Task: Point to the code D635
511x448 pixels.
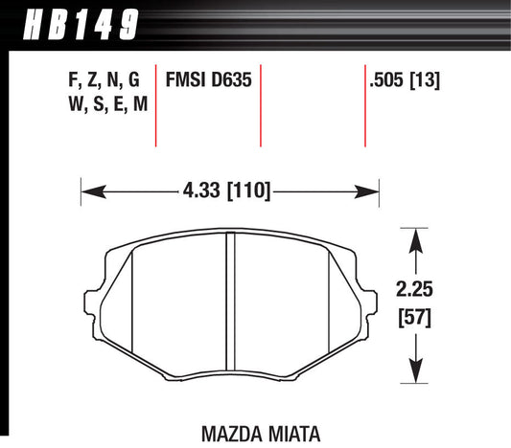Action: point(233,80)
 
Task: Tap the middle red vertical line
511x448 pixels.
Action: point(261,105)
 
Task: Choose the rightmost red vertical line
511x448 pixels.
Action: point(365,105)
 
